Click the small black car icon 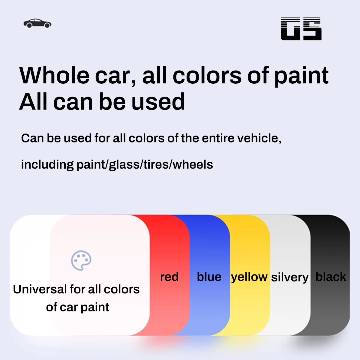point(37,23)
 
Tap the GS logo point(301,29)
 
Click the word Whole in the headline point(54,76)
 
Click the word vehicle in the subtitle point(259,138)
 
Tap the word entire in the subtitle point(218,138)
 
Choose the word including point(47,165)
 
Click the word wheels point(193,164)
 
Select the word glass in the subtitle point(124,165)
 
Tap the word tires point(156,164)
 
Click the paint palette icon point(81,260)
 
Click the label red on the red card point(169,277)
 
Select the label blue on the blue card point(209,277)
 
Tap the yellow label point(249,277)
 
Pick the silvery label point(290,277)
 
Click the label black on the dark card point(331,277)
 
